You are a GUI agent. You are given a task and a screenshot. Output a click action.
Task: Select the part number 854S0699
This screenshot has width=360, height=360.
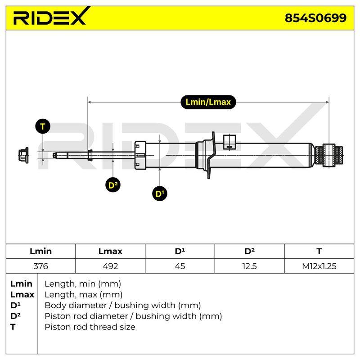(x=315, y=18)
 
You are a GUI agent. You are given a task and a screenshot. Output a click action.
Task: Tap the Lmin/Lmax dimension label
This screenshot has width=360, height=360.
(x=208, y=102)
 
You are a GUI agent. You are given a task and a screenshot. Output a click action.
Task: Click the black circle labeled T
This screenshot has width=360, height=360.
(x=43, y=126)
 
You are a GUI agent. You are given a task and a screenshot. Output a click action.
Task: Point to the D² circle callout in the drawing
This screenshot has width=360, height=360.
(x=113, y=185)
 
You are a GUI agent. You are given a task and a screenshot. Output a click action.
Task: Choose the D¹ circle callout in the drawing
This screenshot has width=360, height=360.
(x=160, y=193)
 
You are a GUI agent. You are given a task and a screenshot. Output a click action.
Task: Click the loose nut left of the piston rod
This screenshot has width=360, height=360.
(x=23, y=155)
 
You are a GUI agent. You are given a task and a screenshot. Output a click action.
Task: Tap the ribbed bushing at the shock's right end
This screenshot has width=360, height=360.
(x=329, y=155)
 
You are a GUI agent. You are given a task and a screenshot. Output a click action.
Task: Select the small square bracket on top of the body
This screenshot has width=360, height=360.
(x=229, y=142)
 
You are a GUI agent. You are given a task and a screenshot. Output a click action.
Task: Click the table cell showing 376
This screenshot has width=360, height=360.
(x=40, y=266)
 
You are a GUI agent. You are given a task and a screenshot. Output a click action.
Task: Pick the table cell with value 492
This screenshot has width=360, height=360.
(x=110, y=266)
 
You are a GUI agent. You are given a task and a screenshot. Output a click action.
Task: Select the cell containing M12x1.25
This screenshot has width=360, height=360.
(x=319, y=266)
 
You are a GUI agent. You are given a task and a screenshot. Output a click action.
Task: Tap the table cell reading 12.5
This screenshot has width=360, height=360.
(x=250, y=266)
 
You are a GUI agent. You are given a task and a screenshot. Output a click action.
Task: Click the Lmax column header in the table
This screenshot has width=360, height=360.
(x=110, y=252)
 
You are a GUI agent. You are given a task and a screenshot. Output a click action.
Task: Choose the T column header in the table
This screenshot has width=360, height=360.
(x=319, y=252)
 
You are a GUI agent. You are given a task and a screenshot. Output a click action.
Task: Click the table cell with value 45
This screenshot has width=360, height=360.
(x=180, y=266)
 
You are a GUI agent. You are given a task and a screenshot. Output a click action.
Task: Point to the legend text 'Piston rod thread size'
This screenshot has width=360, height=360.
(x=90, y=327)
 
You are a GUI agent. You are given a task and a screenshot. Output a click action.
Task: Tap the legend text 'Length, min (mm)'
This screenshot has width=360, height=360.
(x=83, y=284)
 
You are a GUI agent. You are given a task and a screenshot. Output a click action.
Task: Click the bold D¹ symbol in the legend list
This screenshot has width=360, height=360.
(x=15, y=306)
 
